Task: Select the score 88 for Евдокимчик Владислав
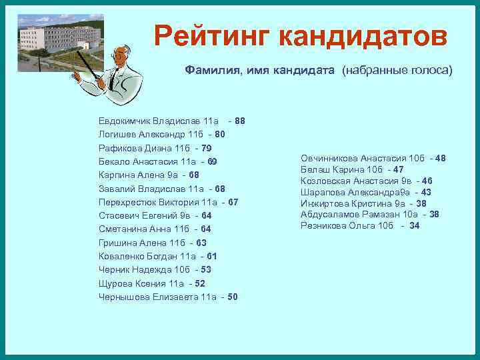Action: pos(240,121)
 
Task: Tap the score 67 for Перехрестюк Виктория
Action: pos(233,202)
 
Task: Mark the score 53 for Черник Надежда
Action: pos(205,269)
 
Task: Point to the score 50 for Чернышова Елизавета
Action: pos(233,297)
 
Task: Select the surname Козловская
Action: pos(325,181)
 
